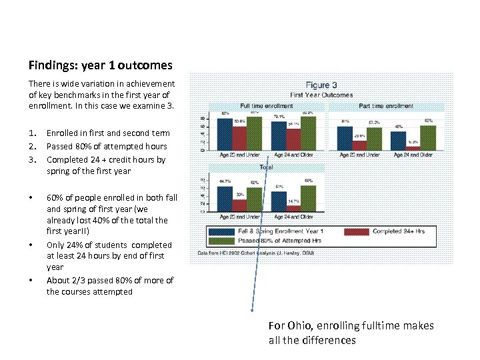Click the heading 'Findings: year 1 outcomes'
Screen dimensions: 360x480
click(x=100, y=65)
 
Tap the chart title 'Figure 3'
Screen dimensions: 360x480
click(x=321, y=85)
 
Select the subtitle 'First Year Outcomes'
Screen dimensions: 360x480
click(x=321, y=95)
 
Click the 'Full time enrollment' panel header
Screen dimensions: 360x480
click(x=266, y=106)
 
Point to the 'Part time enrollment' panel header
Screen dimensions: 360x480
click(x=386, y=106)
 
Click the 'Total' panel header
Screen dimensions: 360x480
click(x=266, y=167)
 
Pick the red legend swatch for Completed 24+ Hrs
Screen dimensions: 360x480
click(x=356, y=231)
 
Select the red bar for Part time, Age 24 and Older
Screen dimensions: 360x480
click(x=413, y=148)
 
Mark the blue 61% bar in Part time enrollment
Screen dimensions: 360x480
click(x=345, y=138)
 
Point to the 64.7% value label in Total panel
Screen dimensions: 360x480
click(x=225, y=181)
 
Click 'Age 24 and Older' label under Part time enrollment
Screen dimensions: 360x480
click(x=413, y=155)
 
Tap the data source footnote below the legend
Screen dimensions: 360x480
click(x=255, y=253)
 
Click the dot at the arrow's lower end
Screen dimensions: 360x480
click(x=252, y=311)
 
